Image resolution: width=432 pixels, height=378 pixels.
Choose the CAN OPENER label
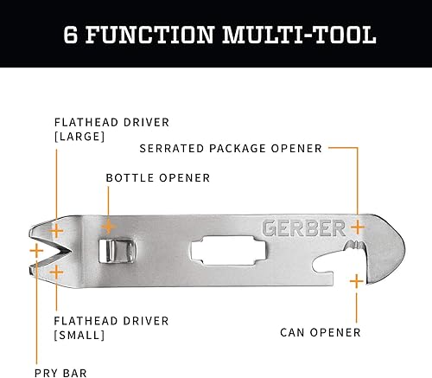tap(321, 331)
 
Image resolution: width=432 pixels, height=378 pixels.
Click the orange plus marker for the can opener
tap(356, 281)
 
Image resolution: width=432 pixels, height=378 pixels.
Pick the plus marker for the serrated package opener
tap(356, 227)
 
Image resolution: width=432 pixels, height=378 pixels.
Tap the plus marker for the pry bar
tap(35, 251)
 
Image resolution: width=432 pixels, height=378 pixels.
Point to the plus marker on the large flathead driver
tap(57, 230)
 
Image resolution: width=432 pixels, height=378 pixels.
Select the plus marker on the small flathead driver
tap(57, 272)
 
